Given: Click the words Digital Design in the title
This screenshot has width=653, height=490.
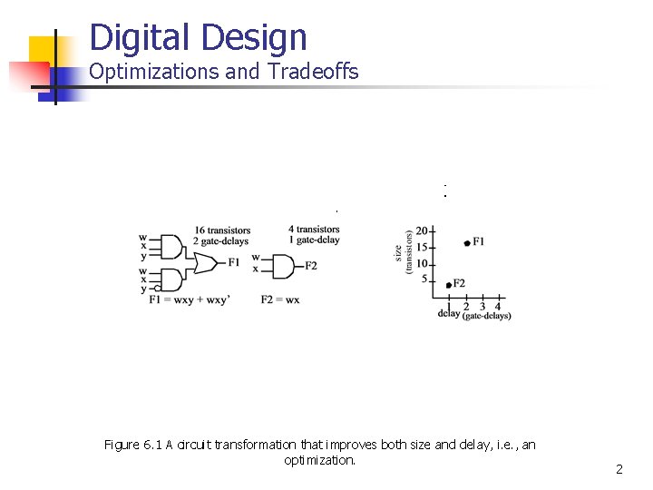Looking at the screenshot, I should point(199,37).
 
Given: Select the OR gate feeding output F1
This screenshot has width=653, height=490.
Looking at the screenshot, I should point(203,262).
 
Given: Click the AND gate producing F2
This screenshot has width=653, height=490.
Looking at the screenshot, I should point(281,266).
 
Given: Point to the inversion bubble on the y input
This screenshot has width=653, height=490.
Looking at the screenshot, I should point(158,289).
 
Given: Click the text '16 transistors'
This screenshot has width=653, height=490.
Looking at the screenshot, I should point(222,230).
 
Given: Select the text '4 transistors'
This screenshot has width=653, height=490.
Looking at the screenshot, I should point(314,230).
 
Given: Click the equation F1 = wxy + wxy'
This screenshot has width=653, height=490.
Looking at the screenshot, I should point(190,299).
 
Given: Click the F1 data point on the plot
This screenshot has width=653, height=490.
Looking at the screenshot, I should point(466,243).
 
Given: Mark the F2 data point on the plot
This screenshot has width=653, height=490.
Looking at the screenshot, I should point(449,285).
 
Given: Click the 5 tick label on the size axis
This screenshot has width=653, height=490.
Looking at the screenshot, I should point(424,279).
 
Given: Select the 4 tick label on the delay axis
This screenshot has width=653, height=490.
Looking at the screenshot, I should point(497,306).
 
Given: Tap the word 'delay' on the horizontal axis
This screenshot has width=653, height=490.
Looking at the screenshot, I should point(449,314).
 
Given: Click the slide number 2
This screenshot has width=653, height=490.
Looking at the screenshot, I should point(619,469).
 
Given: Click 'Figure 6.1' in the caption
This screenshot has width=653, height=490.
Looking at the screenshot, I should point(133,445).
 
